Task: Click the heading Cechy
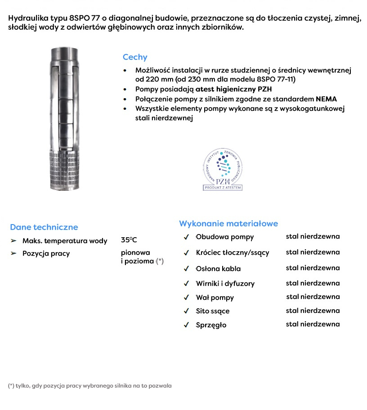pyautogui.click(x=135, y=57)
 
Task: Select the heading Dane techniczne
pyautogui.click(x=44, y=227)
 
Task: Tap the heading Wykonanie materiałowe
pyautogui.click(x=228, y=223)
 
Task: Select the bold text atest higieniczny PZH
pyautogui.click(x=233, y=89)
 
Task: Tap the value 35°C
pyautogui.click(x=129, y=240)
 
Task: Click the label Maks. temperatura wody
pyautogui.click(x=65, y=241)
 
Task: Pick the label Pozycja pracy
pyautogui.click(x=46, y=253)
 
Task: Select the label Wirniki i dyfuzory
pyautogui.click(x=225, y=284)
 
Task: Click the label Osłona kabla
pyautogui.click(x=218, y=269)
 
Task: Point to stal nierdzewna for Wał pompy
pyautogui.click(x=313, y=297)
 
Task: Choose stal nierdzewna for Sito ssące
pyautogui.click(x=313, y=311)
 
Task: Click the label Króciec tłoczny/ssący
pyautogui.click(x=233, y=252)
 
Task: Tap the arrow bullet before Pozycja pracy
pyautogui.click(x=13, y=253)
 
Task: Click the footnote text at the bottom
pyautogui.click(x=90, y=386)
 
